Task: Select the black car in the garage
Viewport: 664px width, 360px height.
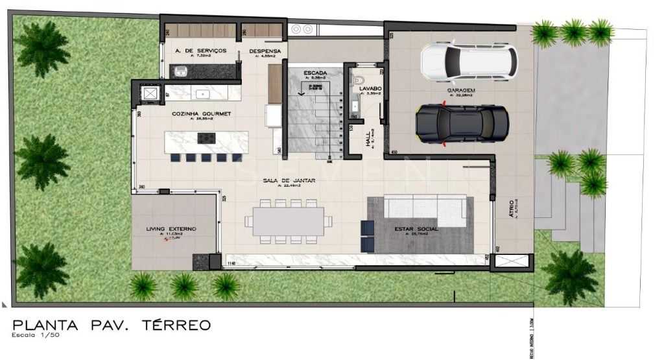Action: (x=461, y=123)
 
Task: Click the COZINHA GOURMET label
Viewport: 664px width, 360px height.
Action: (x=193, y=113)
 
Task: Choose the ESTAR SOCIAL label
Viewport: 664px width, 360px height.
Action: (x=416, y=229)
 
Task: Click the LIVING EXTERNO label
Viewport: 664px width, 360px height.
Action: (x=171, y=230)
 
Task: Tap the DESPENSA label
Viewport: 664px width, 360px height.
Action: (x=265, y=50)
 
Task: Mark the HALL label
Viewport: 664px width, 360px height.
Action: (x=368, y=138)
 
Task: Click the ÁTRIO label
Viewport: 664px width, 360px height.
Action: (x=512, y=207)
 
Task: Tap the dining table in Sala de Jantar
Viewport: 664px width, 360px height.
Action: (x=288, y=221)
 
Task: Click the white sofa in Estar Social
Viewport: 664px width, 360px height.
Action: (x=425, y=207)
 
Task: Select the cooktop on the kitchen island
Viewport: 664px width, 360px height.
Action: (x=207, y=138)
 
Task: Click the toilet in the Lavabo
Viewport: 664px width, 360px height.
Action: (x=357, y=80)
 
